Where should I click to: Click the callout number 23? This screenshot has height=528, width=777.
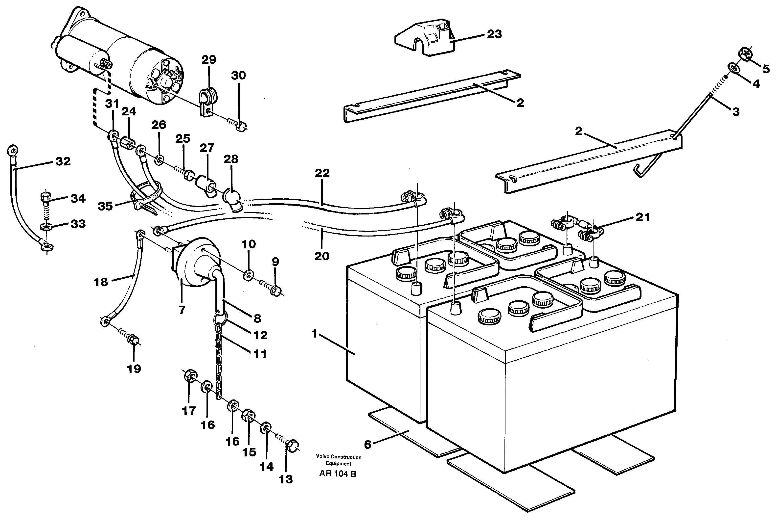point(494,34)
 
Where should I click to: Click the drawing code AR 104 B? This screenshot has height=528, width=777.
point(338,474)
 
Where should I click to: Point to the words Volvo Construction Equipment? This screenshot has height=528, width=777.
point(338,460)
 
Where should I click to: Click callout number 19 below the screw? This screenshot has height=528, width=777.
point(134,369)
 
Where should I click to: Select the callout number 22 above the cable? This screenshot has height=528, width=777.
point(322,173)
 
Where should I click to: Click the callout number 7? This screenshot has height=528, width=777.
point(182,310)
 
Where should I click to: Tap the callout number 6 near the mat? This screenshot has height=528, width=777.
point(367,444)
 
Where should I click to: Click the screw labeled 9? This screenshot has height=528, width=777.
point(275,290)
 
